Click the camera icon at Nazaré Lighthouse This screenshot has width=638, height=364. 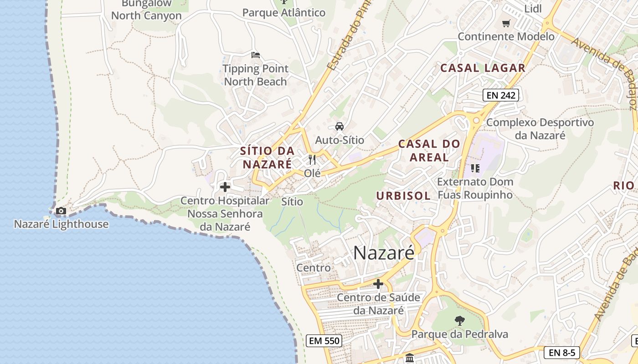point(61,211)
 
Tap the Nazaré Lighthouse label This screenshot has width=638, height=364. point(61,224)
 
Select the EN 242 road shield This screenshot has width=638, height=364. point(501,95)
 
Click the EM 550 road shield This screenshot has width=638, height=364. point(324,340)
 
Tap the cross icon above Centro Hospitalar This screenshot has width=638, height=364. point(225,187)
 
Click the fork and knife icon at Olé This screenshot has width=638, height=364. point(312,160)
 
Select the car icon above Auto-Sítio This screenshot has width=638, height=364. point(340,126)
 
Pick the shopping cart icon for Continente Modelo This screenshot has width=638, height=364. point(506,23)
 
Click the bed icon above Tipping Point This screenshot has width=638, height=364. point(256,55)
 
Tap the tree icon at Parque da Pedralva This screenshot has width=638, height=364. point(459,321)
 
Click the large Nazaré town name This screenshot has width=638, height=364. point(384,253)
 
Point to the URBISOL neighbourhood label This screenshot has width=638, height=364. point(403,196)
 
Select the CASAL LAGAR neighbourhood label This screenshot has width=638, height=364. point(483,68)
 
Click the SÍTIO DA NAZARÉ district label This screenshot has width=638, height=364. point(267,157)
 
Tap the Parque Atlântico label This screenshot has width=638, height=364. point(284,12)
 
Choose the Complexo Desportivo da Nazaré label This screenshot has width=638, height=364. point(540,129)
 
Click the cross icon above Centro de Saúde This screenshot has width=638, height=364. point(378,284)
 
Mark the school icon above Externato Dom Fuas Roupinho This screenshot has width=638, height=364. point(475,168)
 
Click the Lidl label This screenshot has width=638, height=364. point(533,9)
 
